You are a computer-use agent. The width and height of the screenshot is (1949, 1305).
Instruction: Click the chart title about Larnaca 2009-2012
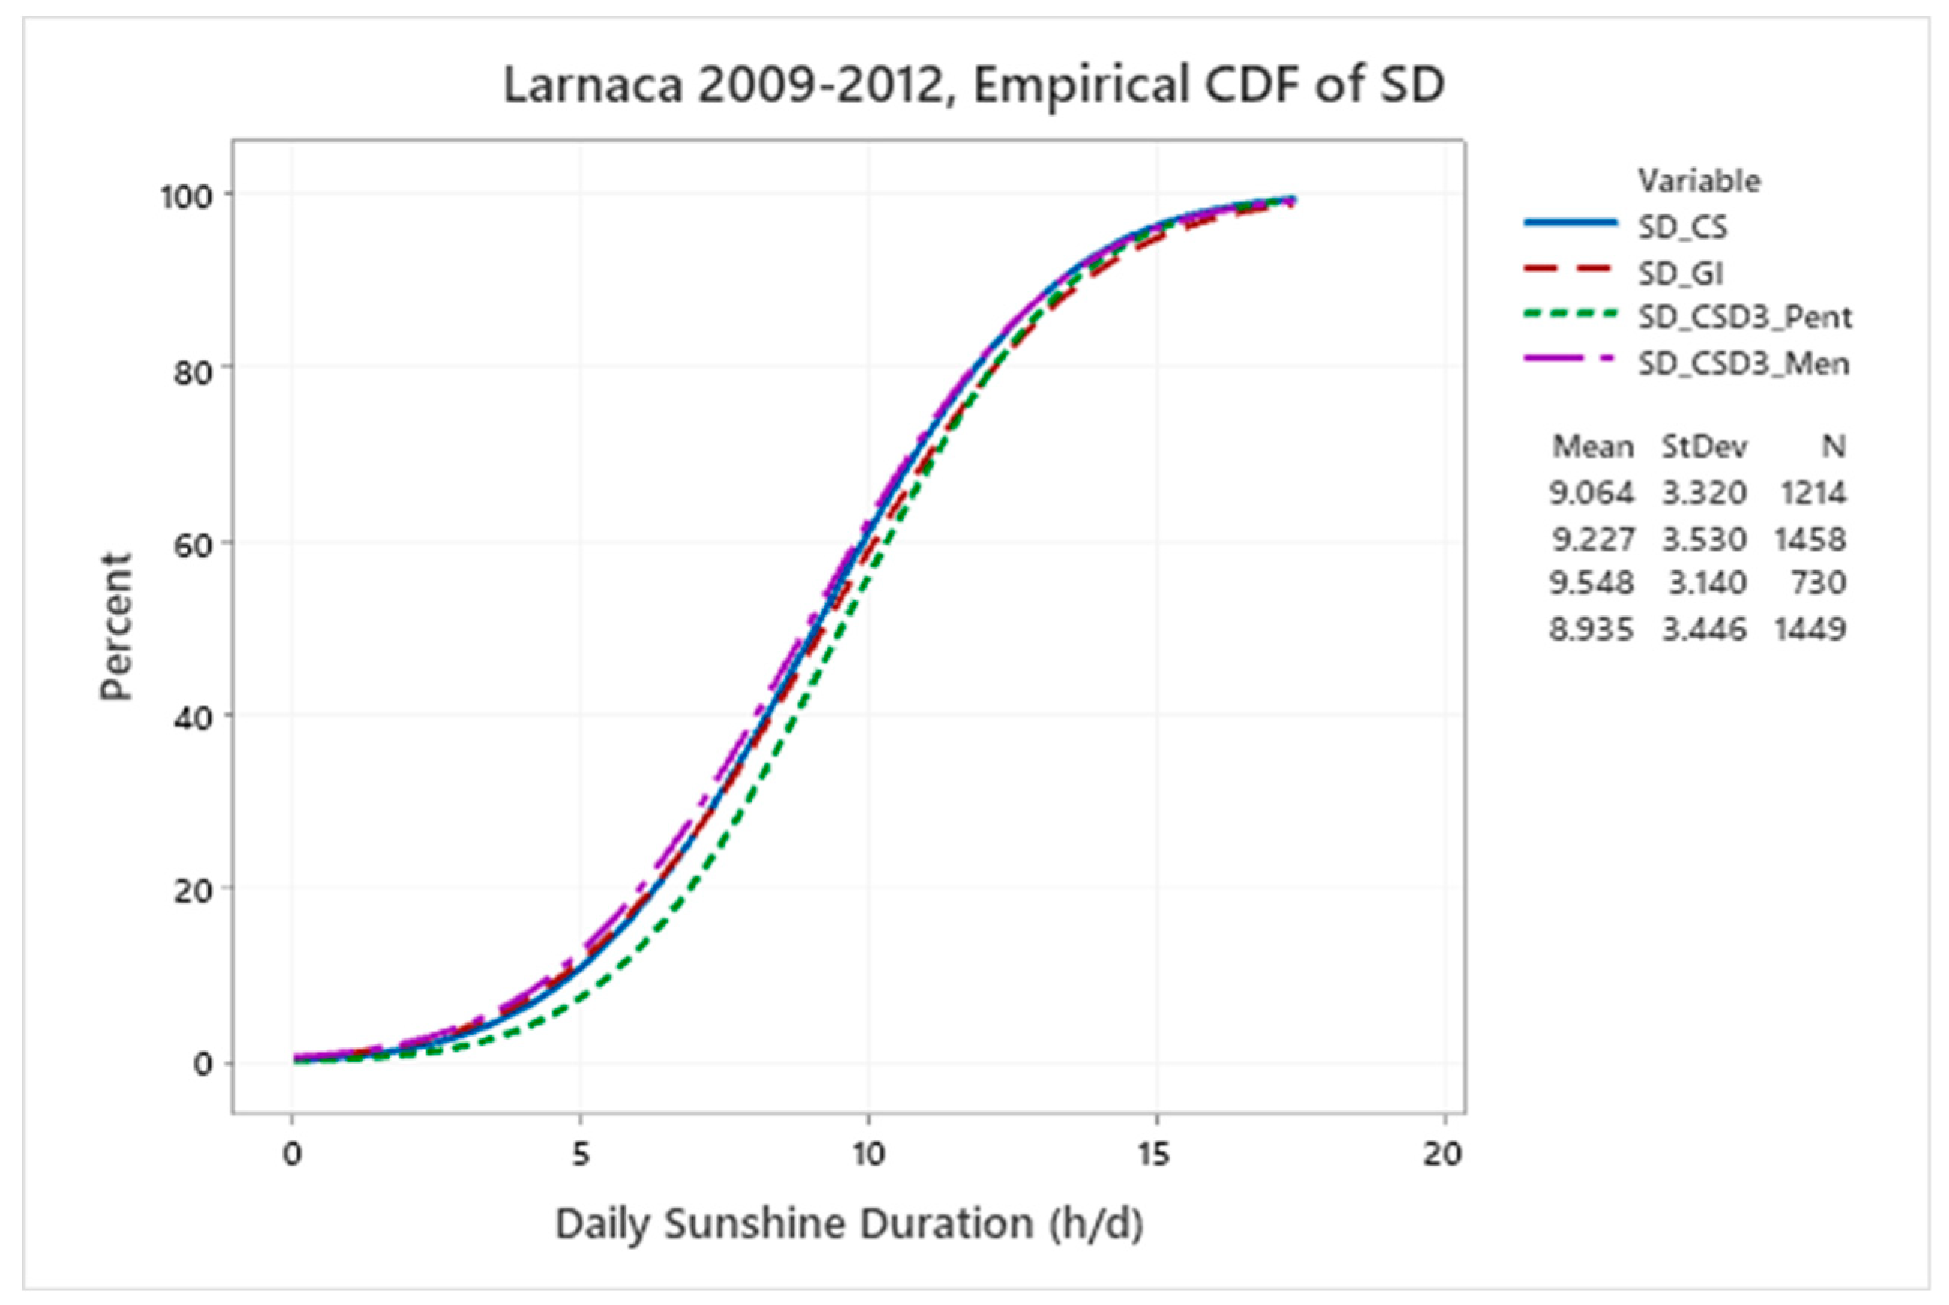pyautogui.click(x=974, y=85)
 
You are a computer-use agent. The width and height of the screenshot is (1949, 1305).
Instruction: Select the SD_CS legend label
pyautogui.click(x=1682, y=227)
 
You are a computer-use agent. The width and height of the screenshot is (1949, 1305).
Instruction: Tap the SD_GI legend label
pyautogui.click(x=1681, y=273)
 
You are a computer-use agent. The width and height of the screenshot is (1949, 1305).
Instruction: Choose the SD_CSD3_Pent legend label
pyautogui.click(x=1744, y=317)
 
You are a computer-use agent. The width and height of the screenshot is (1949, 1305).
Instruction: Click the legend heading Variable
pyautogui.click(x=1699, y=181)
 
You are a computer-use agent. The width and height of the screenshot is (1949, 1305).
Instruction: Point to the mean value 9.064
pyautogui.click(x=1591, y=493)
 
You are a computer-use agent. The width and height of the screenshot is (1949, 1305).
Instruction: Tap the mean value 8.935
pyautogui.click(x=1591, y=629)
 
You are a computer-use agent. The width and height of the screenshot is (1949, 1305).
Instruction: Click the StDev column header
pyautogui.click(x=1704, y=447)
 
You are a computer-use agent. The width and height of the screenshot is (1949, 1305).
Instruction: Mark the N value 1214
pyautogui.click(x=1813, y=493)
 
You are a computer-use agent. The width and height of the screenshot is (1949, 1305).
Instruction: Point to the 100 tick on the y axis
pyautogui.click(x=187, y=196)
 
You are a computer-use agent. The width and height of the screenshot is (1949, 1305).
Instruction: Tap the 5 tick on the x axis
pyautogui.click(x=580, y=1155)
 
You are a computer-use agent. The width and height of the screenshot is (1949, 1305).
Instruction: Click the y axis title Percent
pyautogui.click(x=117, y=626)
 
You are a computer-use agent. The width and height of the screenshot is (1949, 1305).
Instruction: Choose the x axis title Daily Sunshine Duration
pyautogui.click(x=849, y=1223)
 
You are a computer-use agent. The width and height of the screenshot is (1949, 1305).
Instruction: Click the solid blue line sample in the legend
pyautogui.click(x=1570, y=223)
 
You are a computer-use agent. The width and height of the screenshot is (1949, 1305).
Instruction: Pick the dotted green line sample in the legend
pyautogui.click(x=1570, y=315)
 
